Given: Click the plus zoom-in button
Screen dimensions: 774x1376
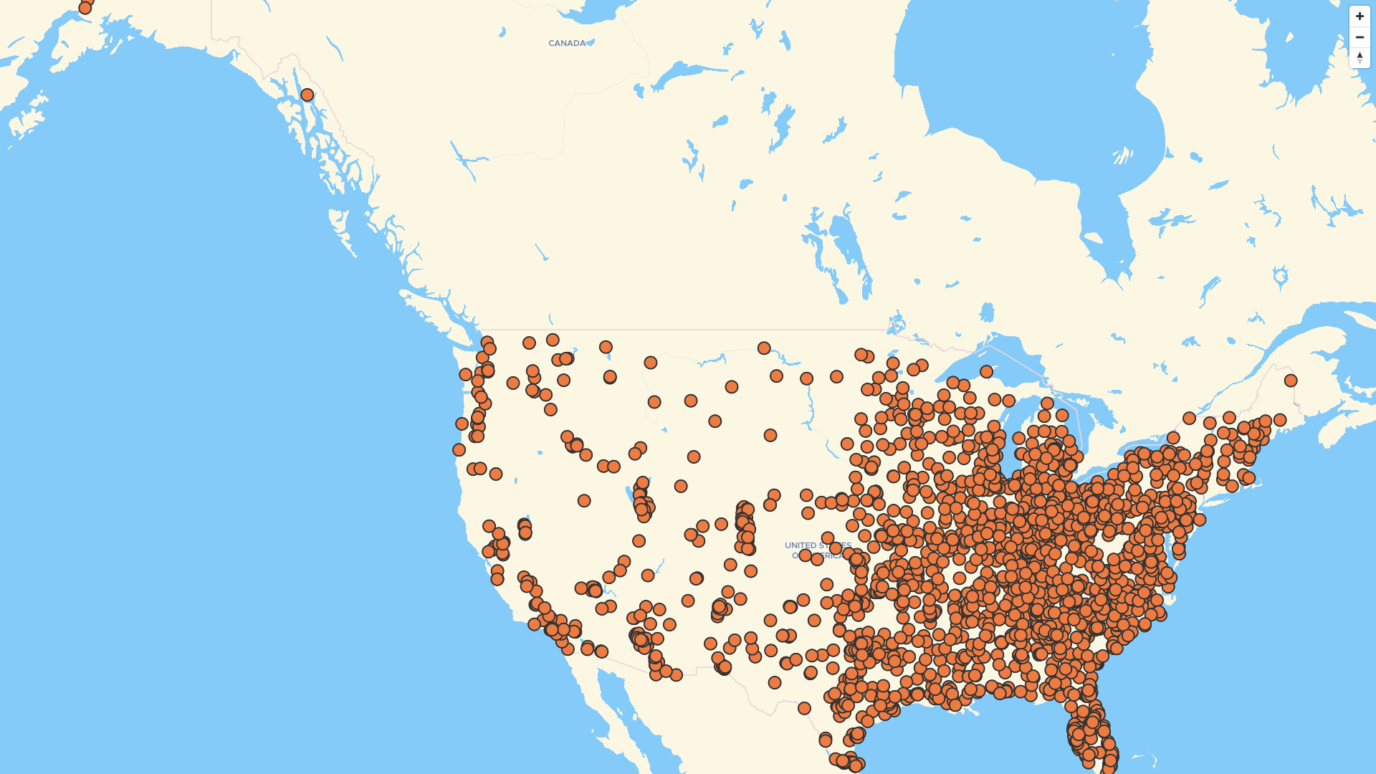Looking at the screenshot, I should [1360, 16].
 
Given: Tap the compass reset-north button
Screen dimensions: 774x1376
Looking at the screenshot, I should [1360, 58].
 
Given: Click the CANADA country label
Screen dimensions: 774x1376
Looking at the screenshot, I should [567, 44].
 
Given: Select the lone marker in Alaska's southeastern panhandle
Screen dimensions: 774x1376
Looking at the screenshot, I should [307, 95].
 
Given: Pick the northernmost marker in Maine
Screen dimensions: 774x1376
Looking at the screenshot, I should [1291, 381].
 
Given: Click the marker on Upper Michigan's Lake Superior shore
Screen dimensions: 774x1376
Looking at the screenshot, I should [987, 371].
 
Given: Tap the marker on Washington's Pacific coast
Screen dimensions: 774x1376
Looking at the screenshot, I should [466, 375].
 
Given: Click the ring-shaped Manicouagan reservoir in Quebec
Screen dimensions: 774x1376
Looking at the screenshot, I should [1281, 276].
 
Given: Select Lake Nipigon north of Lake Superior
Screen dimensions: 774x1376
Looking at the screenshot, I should [988, 312].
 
